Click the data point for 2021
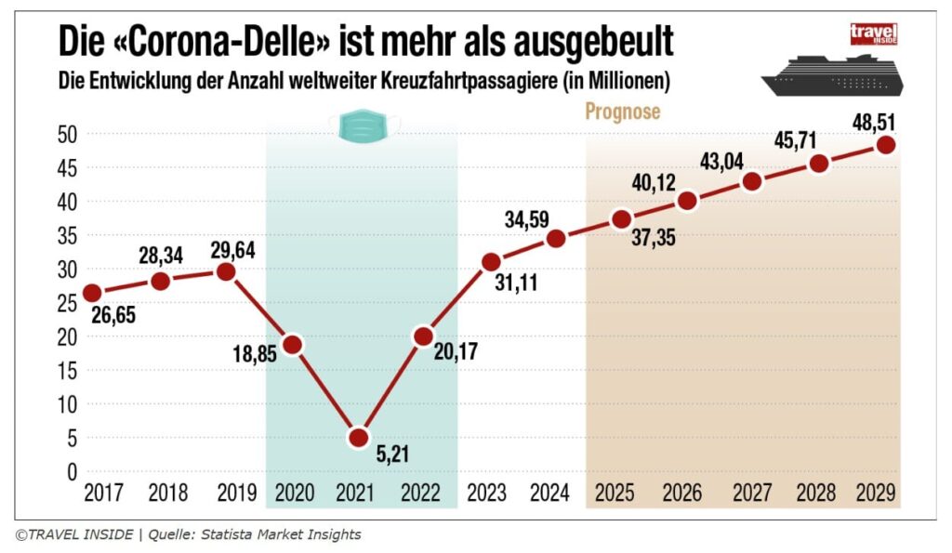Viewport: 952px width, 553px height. click(x=359, y=438)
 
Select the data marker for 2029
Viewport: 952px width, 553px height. click(x=886, y=145)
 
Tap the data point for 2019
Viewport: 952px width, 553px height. click(x=225, y=271)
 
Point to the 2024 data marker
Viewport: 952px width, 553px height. click(x=556, y=238)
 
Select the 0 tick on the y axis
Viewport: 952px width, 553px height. click(x=71, y=472)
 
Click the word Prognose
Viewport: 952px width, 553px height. click(x=622, y=112)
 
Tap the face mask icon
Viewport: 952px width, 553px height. click(x=364, y=125)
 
